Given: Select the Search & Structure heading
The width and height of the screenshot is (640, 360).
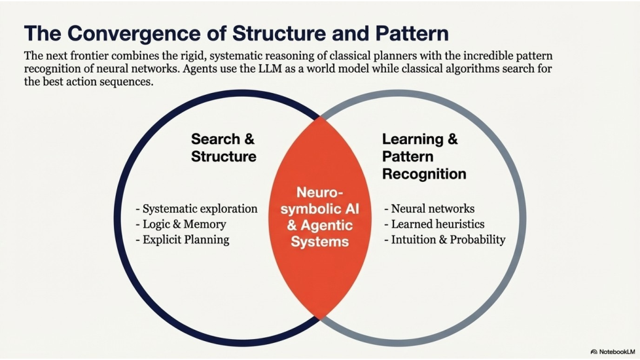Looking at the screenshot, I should pyautogui.click(x=224, y=148).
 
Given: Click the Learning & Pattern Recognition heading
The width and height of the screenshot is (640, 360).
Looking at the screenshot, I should pyautogui.click(x=423, y=156).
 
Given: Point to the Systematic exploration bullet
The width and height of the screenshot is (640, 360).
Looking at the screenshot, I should pyautogui.click(x=196, y=209).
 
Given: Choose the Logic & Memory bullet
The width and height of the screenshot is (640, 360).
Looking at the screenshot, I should pyautogui.click(x=181, y=225).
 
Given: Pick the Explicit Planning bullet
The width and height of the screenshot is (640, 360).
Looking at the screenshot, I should pyautogui.click(x=183, y=240).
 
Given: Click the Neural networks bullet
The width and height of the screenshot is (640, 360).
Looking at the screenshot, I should pyautogui.click(x=429, y=209).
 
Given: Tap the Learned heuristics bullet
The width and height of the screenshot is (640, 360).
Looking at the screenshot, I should pyautogui.click(x=433, y=225).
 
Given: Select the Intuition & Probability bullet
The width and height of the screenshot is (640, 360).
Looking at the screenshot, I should pyautogui.click(x=445, y=240).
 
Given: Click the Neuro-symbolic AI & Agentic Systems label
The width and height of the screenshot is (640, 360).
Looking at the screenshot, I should pyautogui.click(x=320, y=217).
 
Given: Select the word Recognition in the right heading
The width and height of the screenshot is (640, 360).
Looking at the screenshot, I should pyautogui.click(x=424, y=174).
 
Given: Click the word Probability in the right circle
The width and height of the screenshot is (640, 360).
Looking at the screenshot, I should pyautogui.click(x=474, y=240).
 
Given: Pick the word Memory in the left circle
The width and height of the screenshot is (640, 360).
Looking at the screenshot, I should pyautogui.click(x=205, y=225).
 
